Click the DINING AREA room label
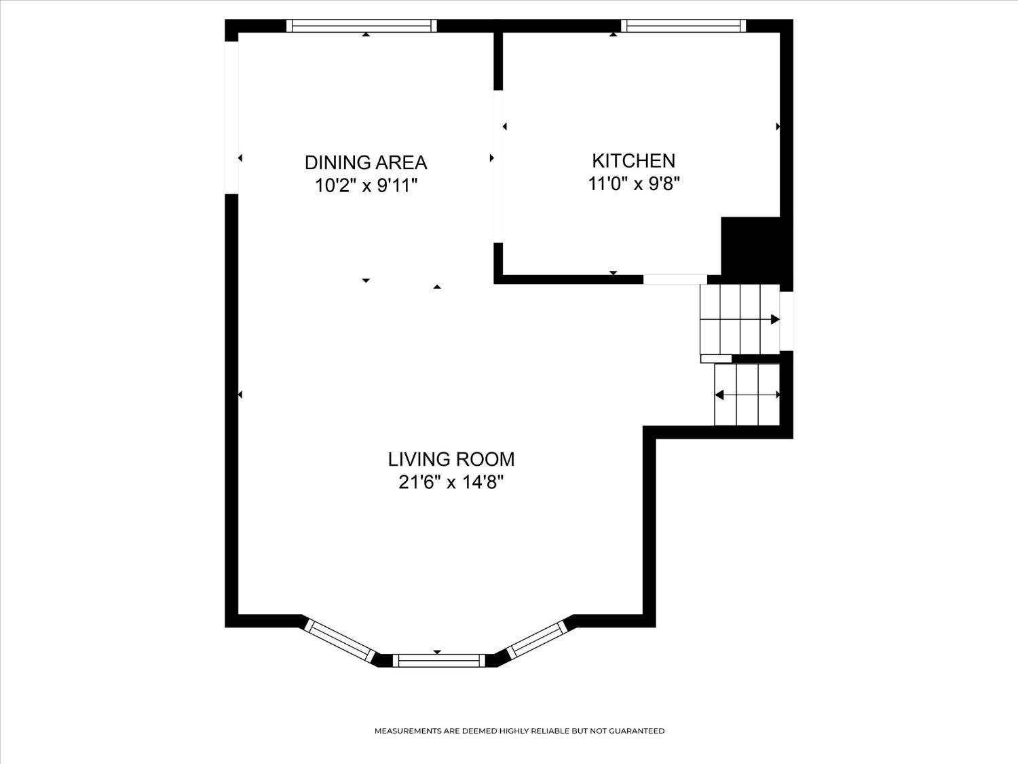(x=365, y=162)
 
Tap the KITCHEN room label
(x=633, y=160)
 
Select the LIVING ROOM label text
(x=451, y=459)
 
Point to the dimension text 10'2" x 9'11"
(x=366, y=185)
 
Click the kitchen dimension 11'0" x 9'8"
(x=633, y=183)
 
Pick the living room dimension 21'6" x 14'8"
(x=451, y=482)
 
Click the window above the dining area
(x=361, y=26)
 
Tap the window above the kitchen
(x=683, y=26)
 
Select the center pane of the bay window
(x=438, y=660)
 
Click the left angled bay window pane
(x=339, y=642)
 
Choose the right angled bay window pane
(x=537, y=640)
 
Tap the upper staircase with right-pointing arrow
(x=740, y=319)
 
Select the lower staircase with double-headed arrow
(x=747, y=395)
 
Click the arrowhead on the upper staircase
(x=775, y=319)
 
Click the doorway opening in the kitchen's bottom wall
(x=675, y=279)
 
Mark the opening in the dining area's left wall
(x=231, y=117)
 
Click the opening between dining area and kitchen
(x=499, y=166)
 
